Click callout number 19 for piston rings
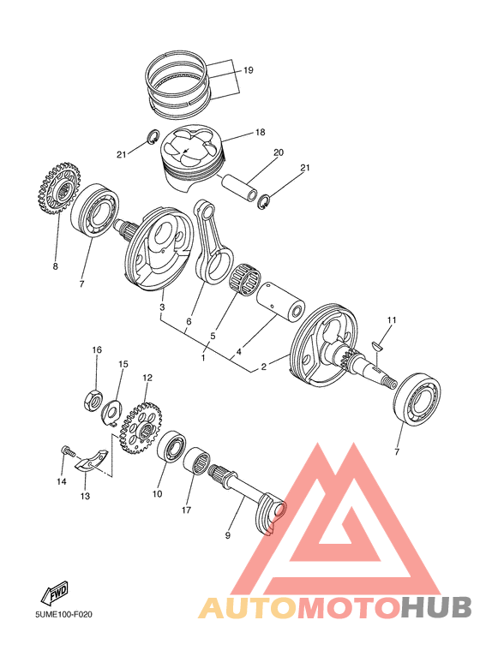(x=248, y=70)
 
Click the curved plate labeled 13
(x=92, y=463)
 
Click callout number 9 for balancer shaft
(x=229, y=535)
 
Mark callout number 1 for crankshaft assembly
(x=203, y=357)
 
